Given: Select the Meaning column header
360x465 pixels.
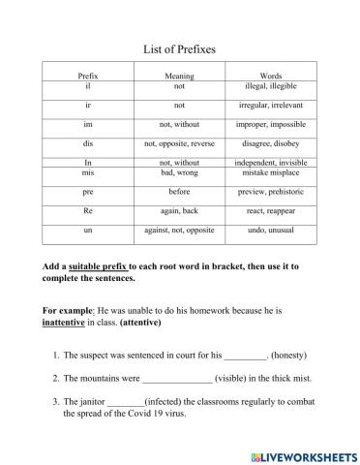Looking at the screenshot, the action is click(x=179, y=76).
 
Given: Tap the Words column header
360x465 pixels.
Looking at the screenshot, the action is click(x=271, y=76).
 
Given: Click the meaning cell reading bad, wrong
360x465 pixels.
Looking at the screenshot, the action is click(x=179, y=171).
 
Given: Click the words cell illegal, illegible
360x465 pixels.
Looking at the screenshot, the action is click(x=271, y=85).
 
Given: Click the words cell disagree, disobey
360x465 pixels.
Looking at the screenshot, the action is click(x=271, y=143).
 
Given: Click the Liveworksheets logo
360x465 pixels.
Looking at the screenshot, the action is click(x=303, y=454).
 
